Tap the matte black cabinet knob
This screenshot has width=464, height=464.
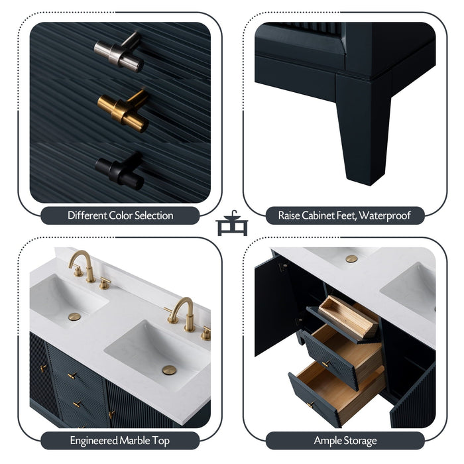pyautogui.click(x=120, y=171)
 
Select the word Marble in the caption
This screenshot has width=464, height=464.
pyautogui.click(x=135, y=441)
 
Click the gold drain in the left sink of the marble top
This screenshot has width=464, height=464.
pyautogui.click(x=74, y=317)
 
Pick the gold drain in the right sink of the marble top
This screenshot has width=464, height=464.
pyautogui.click(x=169, y=370)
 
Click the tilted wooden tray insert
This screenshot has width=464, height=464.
pyautogui.click(x=349, y=318)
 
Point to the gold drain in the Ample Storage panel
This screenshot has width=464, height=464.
pyautogui.click(x=351, y=259)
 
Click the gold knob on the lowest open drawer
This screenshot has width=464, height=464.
pyautogui.click(x=311, y=404)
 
